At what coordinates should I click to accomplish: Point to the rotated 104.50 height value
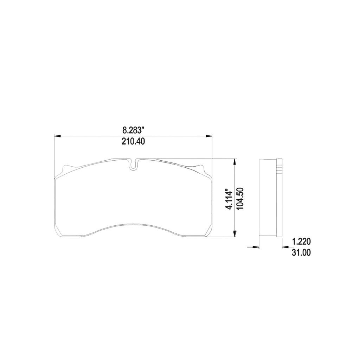click(x=241, y=199)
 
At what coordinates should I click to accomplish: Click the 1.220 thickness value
click(x=301, y=242)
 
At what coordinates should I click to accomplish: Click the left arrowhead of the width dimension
click(x=57, y=136)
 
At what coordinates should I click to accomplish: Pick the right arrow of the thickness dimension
click(x=285, y=248)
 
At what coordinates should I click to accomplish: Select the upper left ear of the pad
click(x=65, y=169)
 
